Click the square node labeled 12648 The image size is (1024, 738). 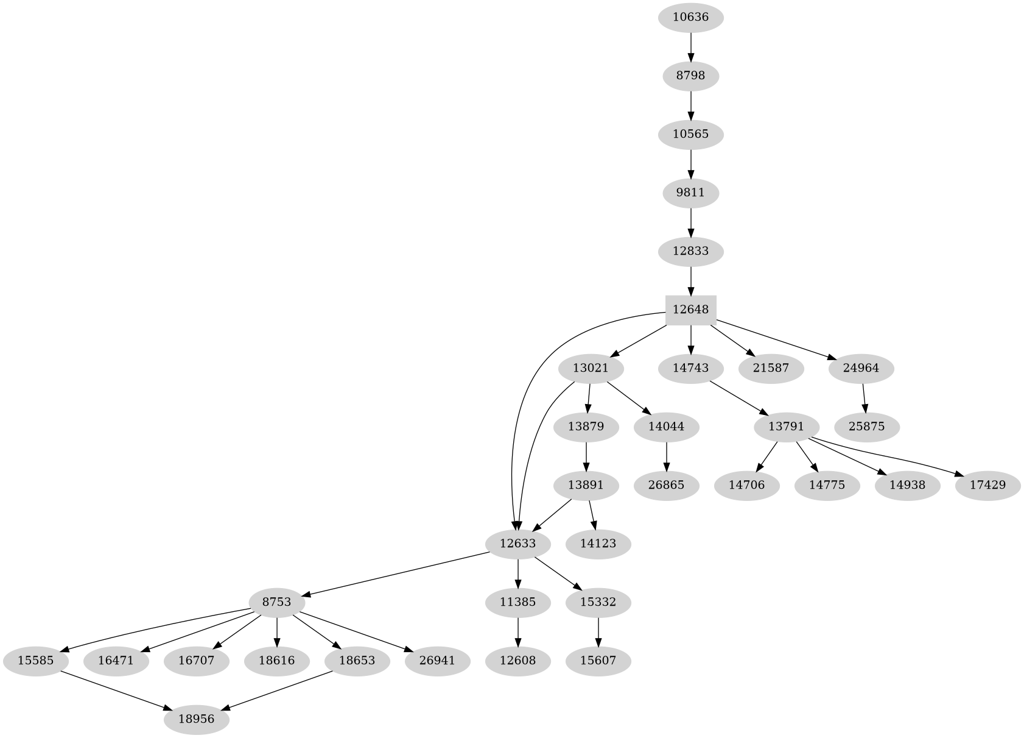[x=690, y=310]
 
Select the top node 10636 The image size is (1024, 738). [x=690, y=17]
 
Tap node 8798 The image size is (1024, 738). [x=690, y=76]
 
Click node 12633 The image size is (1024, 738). [x=517, y=543]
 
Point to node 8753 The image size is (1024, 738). [x=277, y=602]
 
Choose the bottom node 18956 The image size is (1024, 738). [x=196, y=719]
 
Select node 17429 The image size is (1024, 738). [x=987, y=485]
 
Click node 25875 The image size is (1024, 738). [x=866, y=427]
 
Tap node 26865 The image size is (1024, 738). [x=667, y=485]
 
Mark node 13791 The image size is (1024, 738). [x=786, y=427]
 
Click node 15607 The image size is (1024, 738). [x=598, y=661]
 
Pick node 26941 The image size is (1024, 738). [x=437, y=661]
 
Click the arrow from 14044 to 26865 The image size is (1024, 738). [x=667, y=456]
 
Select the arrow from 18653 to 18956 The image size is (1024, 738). [x=278, y=690]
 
